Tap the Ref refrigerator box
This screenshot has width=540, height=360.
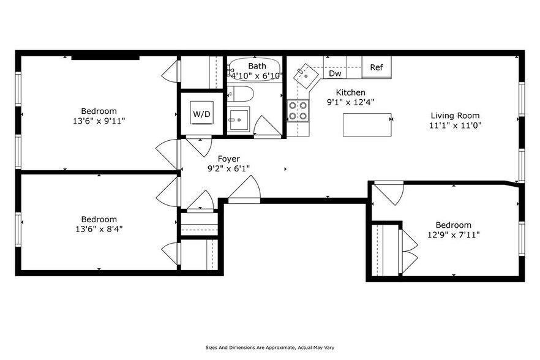tap(377, 67)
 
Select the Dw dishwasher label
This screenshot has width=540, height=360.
tap(335, 73)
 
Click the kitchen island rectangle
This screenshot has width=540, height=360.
tap(367, 126)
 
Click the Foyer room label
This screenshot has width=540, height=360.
tap(220, 158)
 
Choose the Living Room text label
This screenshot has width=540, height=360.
tap(455, 115)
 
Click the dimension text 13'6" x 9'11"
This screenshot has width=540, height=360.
tap(99, 121)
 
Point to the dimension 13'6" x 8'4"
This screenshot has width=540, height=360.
tap(99, 229)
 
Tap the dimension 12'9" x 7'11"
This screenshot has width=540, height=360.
tap(454, 235)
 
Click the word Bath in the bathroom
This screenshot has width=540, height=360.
tap(257, 66)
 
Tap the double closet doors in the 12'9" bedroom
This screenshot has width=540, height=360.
tap(408, 249)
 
